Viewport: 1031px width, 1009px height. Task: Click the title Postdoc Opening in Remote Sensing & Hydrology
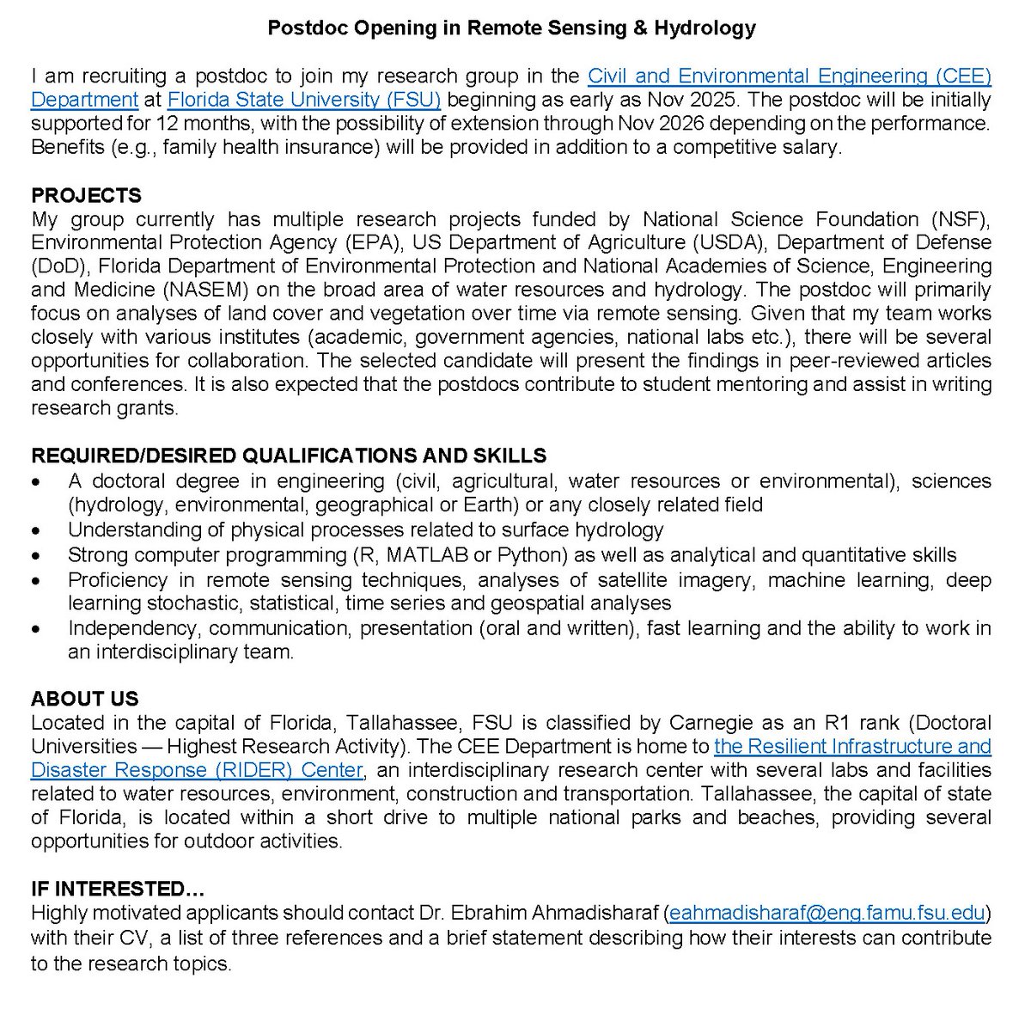point(511,28)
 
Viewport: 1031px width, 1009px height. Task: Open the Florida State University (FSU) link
point(304,100)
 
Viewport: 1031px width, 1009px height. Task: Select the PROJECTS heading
point(86,195)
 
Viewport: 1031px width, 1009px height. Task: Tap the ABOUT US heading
point(84,699)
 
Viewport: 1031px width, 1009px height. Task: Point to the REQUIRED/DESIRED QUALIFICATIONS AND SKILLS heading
point(289,456)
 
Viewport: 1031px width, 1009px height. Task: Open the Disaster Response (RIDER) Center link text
point(198,770)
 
